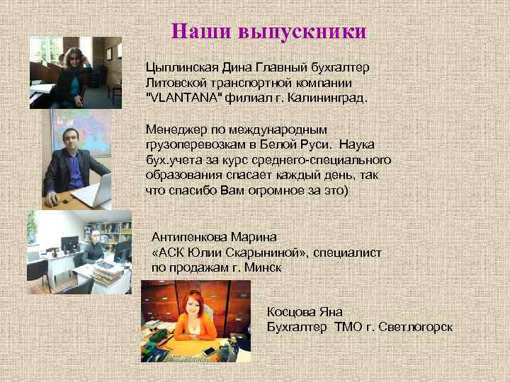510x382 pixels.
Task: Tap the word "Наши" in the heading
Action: [x=202, y=32]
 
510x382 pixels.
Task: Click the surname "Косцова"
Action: [x=293, y=311]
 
